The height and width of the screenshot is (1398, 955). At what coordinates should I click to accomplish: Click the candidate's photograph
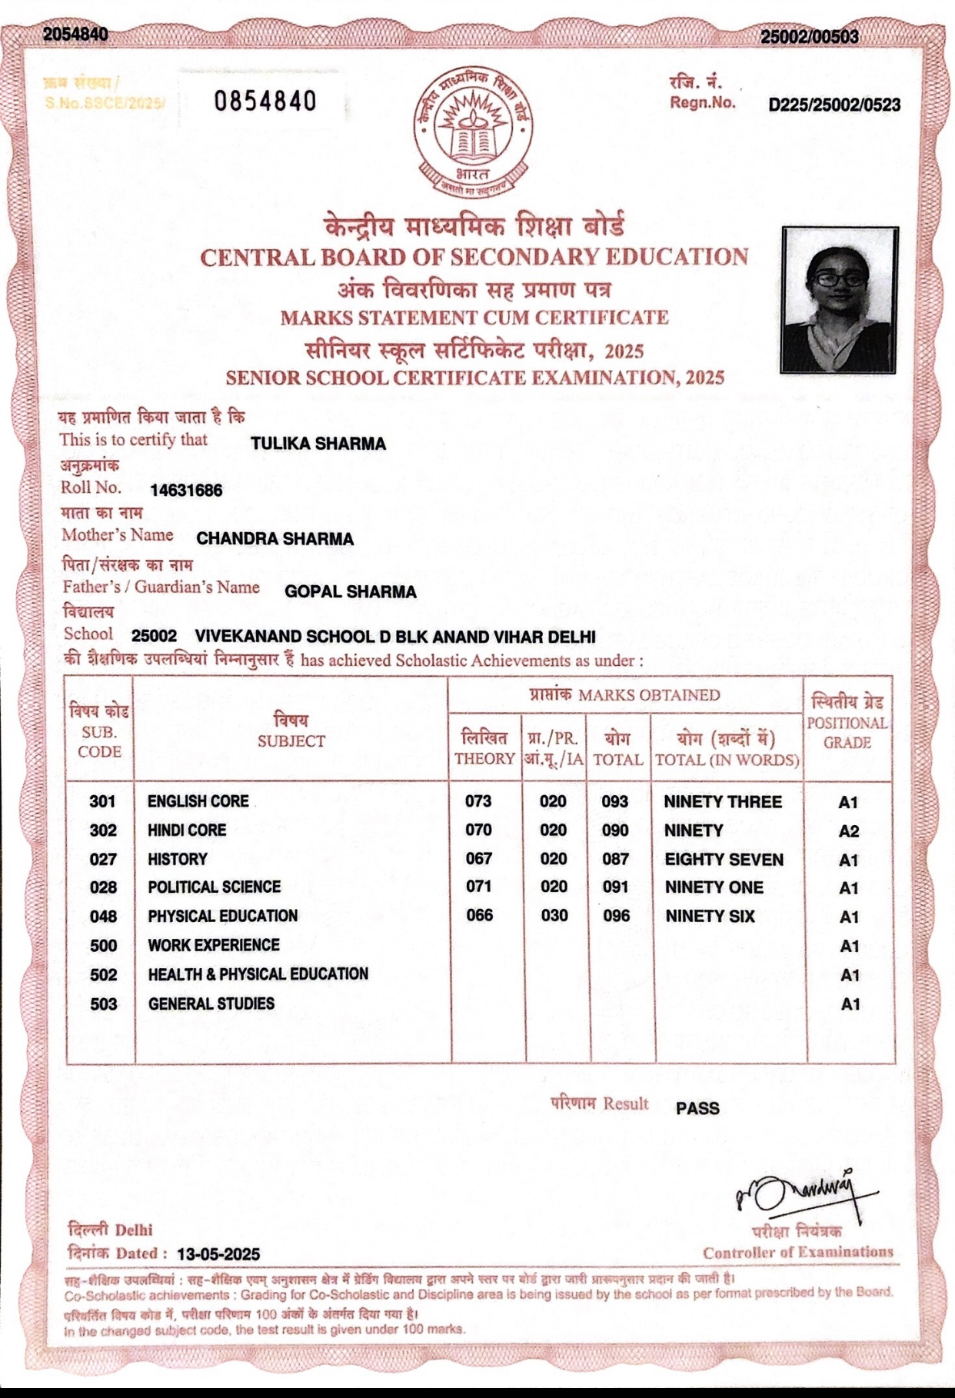click(840, 300)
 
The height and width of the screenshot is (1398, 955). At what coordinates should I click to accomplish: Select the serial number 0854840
click(265, 101)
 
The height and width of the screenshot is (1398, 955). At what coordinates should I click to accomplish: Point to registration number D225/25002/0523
click(834, 105)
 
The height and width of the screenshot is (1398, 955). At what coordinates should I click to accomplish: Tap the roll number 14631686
click(186, 491)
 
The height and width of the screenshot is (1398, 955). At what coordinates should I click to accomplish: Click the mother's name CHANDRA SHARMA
click(275, 539)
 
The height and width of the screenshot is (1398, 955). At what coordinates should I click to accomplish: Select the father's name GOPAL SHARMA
click(350, 592)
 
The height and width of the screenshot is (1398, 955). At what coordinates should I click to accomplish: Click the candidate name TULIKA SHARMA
click(318, 444)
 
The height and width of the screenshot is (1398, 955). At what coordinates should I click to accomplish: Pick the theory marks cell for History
click(478, 858)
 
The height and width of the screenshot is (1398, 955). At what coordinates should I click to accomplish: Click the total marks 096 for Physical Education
click(616, 916)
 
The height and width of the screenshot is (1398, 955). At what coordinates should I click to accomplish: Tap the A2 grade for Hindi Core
click(849, 831)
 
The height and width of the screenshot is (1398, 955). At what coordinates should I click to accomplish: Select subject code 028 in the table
click(103, 887)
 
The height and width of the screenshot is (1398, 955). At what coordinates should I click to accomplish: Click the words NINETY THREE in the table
click(722, 802)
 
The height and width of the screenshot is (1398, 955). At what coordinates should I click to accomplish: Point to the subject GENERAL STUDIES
click(211, 1004)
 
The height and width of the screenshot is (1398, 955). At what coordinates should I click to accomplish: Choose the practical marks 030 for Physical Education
click(554, 916)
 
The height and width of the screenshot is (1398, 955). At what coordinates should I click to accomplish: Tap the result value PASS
click(697, 1108)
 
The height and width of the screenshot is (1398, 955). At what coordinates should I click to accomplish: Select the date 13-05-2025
click(218, 1253)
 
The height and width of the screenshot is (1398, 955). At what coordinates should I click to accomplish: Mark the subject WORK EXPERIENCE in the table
click(214, 945)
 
